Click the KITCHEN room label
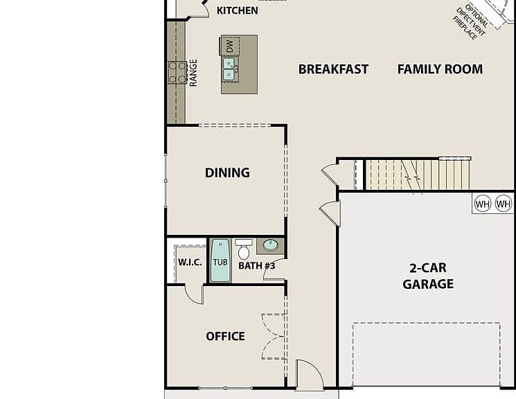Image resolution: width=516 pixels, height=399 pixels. [238, 10]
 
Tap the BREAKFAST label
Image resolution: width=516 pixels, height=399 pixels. [333, 69]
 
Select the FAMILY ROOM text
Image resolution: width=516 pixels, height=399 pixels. [440, 69]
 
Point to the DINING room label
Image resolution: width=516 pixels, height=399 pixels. [227, 172]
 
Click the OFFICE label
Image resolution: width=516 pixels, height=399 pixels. [225, 336]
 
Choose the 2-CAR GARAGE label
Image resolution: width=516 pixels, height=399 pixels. [428, 276]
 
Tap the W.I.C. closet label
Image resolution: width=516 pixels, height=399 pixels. [190, 263]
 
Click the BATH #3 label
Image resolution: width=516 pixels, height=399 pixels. [257, 266]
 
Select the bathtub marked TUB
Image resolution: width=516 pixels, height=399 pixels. [220, 260]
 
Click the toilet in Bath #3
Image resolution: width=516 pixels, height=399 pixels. [244, 249]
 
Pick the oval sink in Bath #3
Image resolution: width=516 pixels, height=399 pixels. [271, 245]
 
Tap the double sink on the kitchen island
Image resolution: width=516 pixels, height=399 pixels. [229, 69]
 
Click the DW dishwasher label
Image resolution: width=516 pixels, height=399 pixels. [230, 46]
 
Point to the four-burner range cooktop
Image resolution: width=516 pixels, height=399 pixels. [177, 73]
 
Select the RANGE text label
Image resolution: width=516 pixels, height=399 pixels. [193, 73]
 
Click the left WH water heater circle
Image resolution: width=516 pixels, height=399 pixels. [483, 204]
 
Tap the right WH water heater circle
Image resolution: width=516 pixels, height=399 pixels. [504, 204]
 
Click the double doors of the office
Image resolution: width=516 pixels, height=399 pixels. [274, 336]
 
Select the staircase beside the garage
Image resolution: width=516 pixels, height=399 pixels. [418, 175]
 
